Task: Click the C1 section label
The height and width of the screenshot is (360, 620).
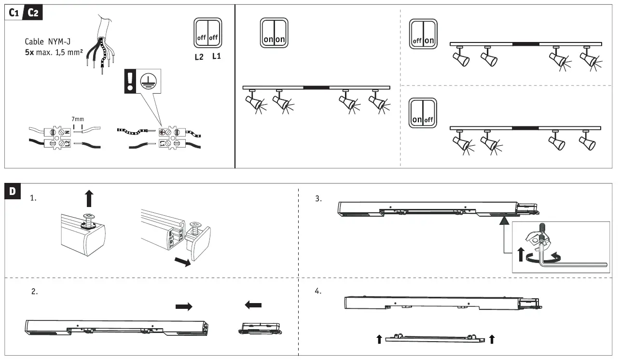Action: (14, 13)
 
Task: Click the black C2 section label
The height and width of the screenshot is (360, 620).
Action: (33, 13)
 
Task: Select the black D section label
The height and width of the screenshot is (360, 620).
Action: (13, 191)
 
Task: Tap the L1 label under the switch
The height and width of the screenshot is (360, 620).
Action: (217, 57)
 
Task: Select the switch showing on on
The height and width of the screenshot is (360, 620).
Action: (274, 33)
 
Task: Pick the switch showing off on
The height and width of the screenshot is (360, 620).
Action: (423, 34)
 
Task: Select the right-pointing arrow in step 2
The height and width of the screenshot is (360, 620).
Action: (183, 306)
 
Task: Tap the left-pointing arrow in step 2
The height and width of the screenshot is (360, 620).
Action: (253, 305)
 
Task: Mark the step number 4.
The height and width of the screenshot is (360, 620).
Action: (318, 291)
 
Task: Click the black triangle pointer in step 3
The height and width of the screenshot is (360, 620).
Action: (504, 221)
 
